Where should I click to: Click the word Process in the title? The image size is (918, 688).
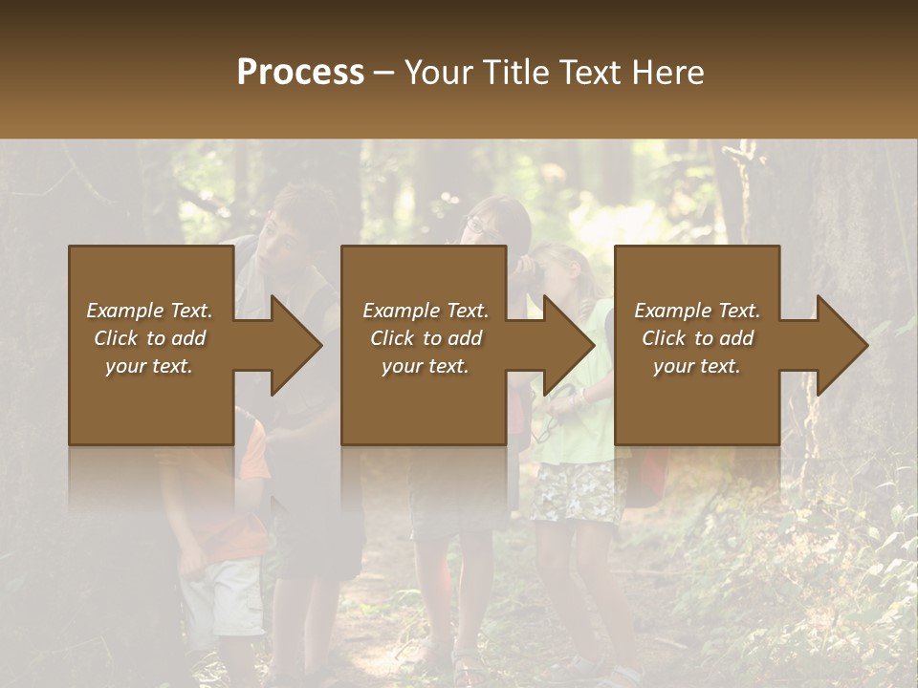[x=300, y=73]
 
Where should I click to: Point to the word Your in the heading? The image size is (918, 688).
[x=439, y=73]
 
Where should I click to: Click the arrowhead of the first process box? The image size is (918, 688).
[x=292, y=345]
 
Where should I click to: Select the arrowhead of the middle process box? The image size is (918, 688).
[x=565, y=345]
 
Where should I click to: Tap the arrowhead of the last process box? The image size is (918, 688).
[x=839, y=345]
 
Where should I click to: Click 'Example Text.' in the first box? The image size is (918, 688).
[x=149, y=311]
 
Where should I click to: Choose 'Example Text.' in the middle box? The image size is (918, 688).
[x=426, y=311]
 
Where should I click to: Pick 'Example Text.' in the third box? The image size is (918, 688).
[x=697, y=311]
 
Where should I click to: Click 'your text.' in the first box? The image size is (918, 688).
[x=149, y=366]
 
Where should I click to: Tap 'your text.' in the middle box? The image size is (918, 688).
[x=426, y=366]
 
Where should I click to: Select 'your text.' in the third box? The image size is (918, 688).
[x=697, y=366]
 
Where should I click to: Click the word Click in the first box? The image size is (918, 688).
[x=117, y=338]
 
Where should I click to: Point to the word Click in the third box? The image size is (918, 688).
[x=665, y=338]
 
